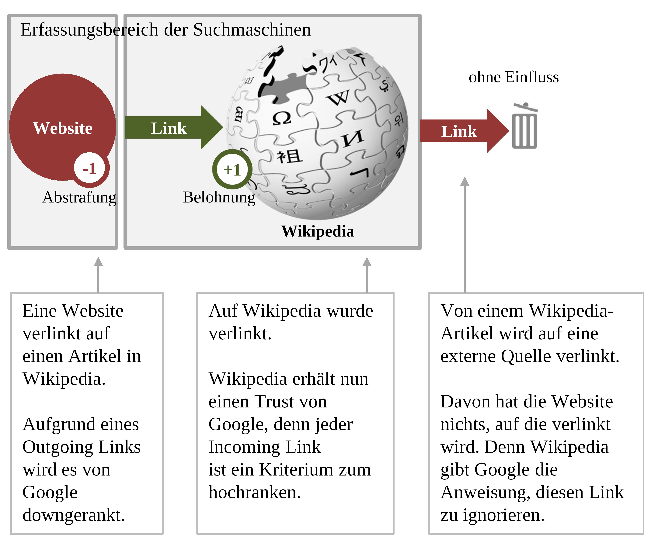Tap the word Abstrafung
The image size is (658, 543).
(79, 197)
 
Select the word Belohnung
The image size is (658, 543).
(219, 197)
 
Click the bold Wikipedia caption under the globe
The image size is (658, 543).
(318, 231)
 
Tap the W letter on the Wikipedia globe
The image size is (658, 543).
(338, 98)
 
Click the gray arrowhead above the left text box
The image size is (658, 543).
(98, 262)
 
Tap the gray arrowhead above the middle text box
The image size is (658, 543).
(367, 262)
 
